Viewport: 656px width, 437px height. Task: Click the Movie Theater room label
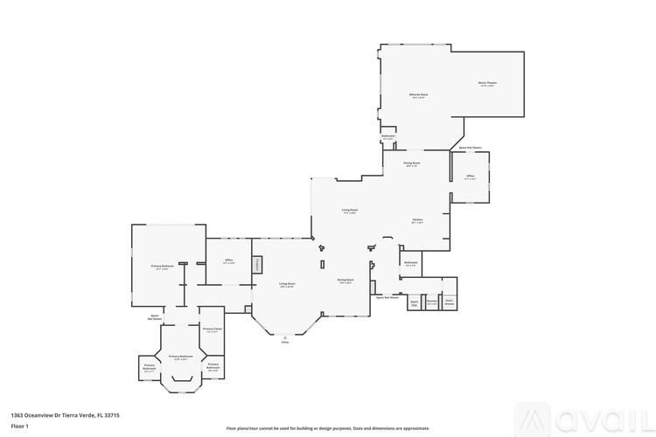click(487, 84)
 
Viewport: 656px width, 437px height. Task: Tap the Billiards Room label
click(418, 95)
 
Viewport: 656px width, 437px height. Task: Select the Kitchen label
click(418, 220)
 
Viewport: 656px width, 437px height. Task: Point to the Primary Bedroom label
click(159, 267)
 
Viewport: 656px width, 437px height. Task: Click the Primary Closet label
click(212, 329)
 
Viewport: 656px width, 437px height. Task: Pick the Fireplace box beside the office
click(257, 265)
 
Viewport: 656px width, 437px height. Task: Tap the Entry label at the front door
click(284, 342)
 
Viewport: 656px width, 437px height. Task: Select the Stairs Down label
click(450, 302)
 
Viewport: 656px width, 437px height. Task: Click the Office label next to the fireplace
click(228, 261)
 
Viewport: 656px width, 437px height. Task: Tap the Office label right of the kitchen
click(470, 177)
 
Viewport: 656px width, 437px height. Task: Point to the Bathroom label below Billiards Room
click(388, 137)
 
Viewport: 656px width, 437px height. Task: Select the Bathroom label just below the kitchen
click(410, 263)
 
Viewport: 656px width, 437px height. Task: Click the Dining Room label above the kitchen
click(412, 163)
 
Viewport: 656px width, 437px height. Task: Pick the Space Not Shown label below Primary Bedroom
click(155, 317)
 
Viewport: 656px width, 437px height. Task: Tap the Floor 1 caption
click(20, 426)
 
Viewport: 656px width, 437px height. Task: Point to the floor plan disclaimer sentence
click(328, 428)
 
